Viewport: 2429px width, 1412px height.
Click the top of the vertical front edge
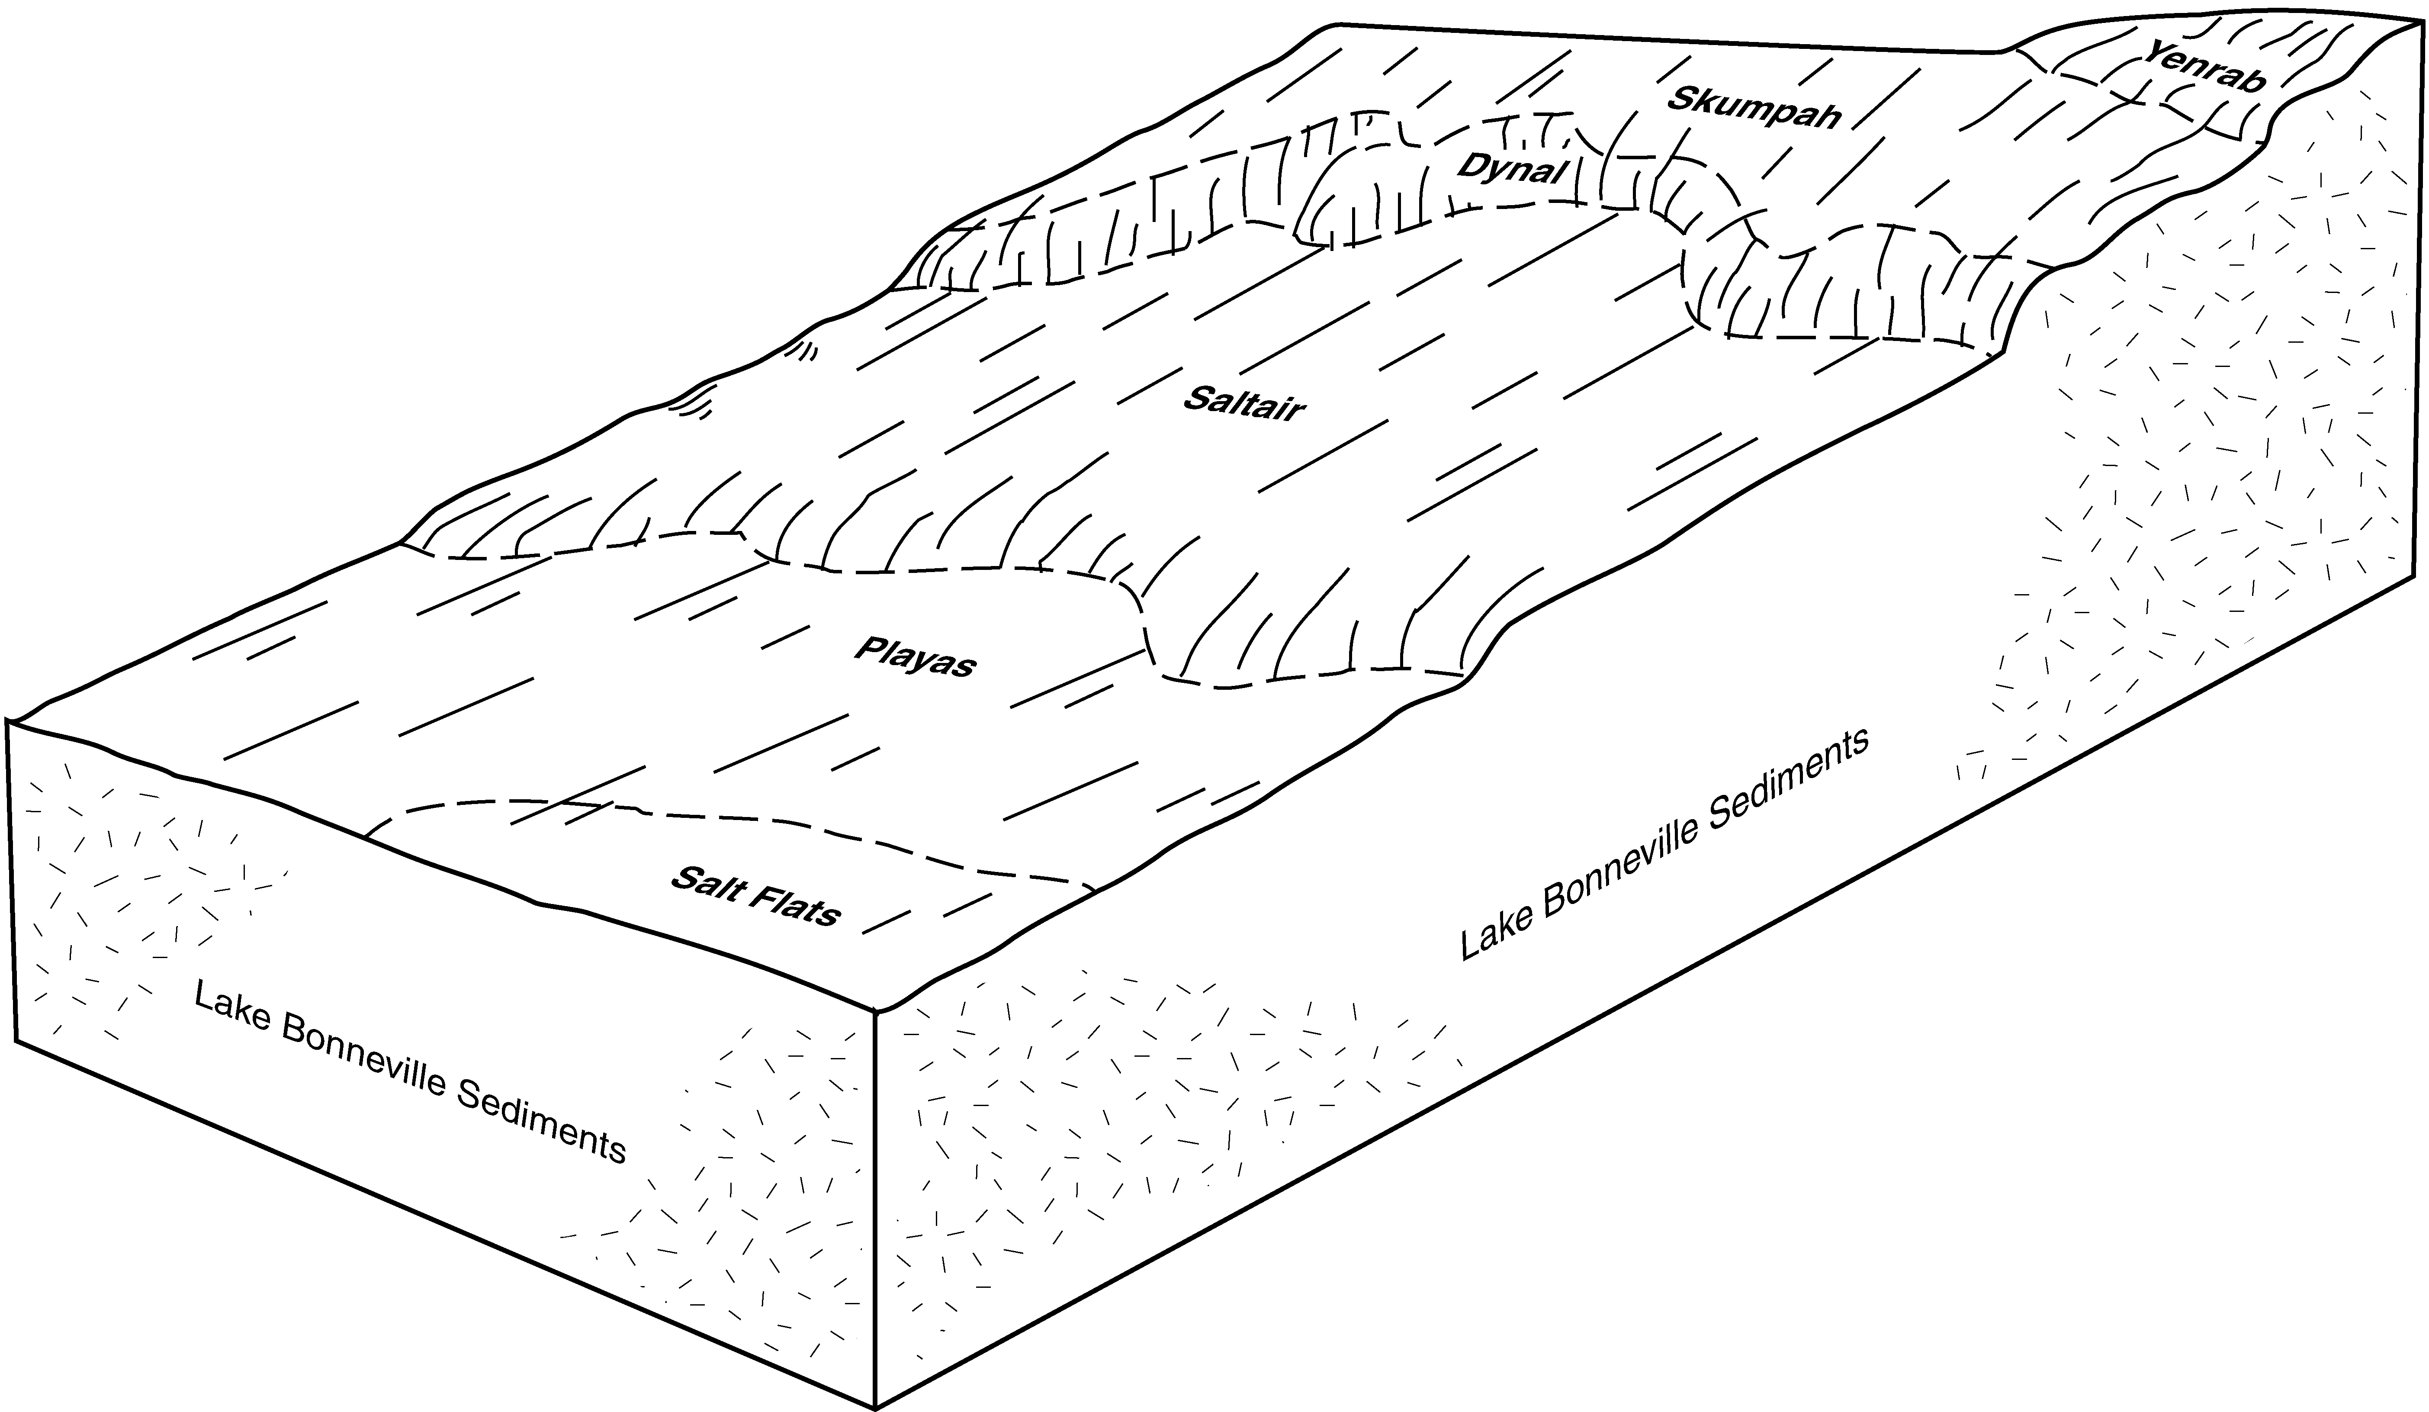(x=875, y=1012)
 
